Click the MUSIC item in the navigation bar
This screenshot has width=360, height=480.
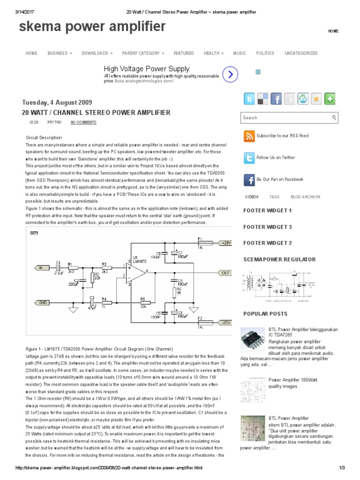240,53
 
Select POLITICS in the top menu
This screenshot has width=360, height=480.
265,53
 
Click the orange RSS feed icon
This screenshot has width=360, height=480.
249,136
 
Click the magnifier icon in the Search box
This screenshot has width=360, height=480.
334,118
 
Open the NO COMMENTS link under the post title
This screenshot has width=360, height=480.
83,122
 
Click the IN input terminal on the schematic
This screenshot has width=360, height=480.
42,268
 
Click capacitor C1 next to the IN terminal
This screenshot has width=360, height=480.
58,267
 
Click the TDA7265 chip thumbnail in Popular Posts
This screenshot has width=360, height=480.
252,338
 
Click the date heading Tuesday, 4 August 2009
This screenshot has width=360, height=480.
57,103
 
